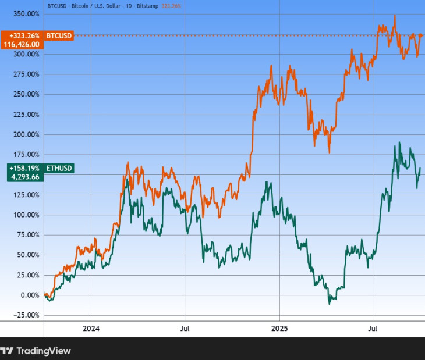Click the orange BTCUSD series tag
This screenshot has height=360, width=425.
tap(58, 35)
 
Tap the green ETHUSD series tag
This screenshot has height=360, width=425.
tap(59, 169)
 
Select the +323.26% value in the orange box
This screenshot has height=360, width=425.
tap(24, 35)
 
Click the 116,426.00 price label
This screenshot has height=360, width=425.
tap(22, 44)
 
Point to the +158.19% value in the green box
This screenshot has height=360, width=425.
tap(24, 169)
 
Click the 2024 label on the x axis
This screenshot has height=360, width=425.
tap(91, 329)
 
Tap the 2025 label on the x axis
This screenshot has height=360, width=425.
tap(279, 329)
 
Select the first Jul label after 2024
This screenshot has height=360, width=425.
tap(185, 329)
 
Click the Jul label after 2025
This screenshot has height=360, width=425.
tap(373, 329)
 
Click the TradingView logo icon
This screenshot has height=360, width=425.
tap(6, 351)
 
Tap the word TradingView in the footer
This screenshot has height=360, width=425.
tap(44, 351)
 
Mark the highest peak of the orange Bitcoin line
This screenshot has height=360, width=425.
tap(395, 16)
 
